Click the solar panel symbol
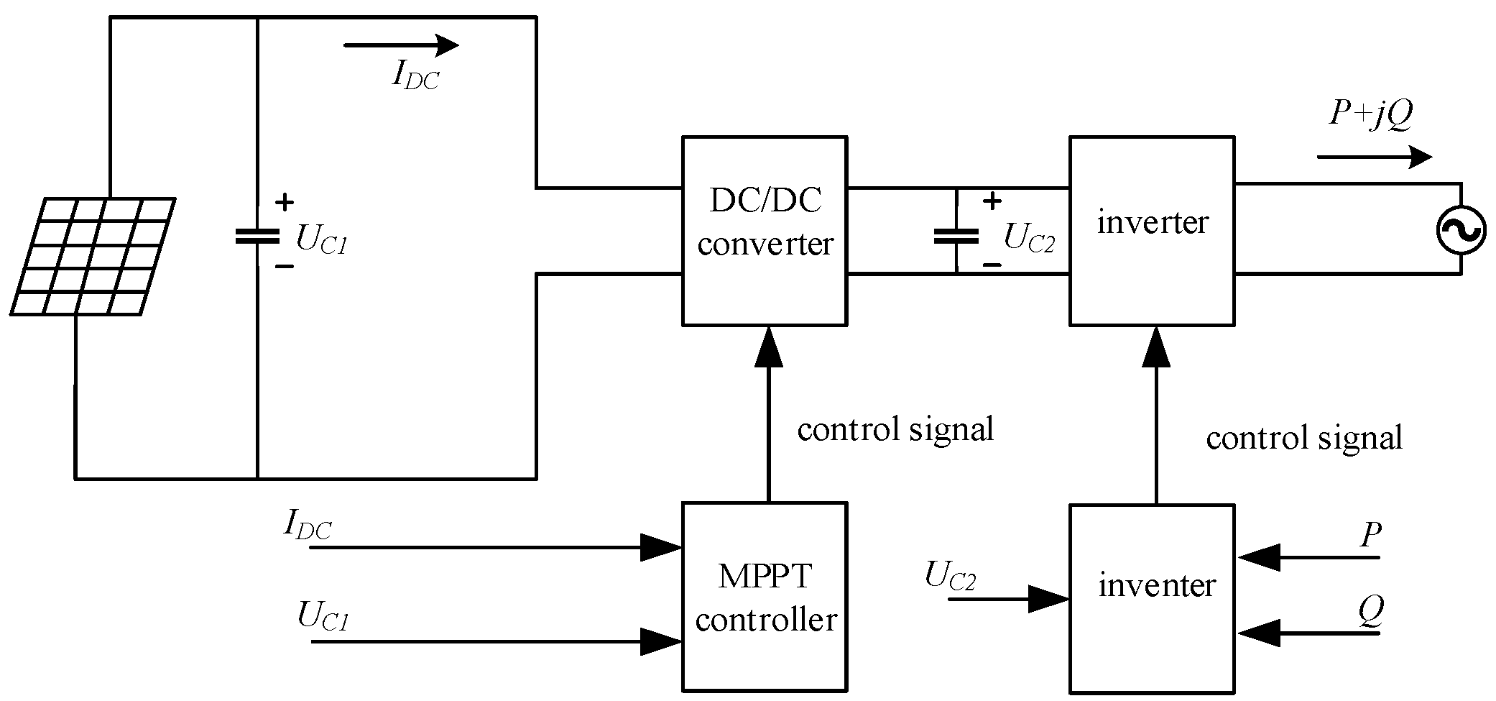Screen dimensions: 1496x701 pyautogui.click(x=93, y=257)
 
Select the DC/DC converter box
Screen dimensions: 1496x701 pyautogui.click(x=765, y=231)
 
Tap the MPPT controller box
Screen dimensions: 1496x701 pyautogui.click(x=765, y=596)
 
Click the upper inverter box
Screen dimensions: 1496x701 pyautogui.click(x=1153, y=231)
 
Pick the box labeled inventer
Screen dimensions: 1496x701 pyautogui.click(x=1153, y=599)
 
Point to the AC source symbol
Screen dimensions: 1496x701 pyautogui.click(x=1461, y=230)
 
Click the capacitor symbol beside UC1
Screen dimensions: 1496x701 pyautogui.click(x=257, y=236)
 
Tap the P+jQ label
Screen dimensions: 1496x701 pyautogui.click(x=1370, y=116)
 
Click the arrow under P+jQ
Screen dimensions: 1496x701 pyautogui.click(x=1375, y=157)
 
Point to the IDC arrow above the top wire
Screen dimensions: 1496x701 pyautogui.click(x=401, y=45)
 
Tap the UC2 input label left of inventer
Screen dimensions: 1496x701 pyautogui.click(x=950, y=577)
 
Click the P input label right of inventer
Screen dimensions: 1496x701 pyautogui.click(x=1371, y=536)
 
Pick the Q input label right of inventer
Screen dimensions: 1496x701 pyautogui.click(x=1370, y=612)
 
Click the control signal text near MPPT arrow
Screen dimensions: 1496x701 pyautogui.click(x=895, y=430)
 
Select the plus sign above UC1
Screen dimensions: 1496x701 pyautogui.click(x=285, y=203)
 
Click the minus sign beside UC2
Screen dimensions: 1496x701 pyautogui.click(x=992, y=265)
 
